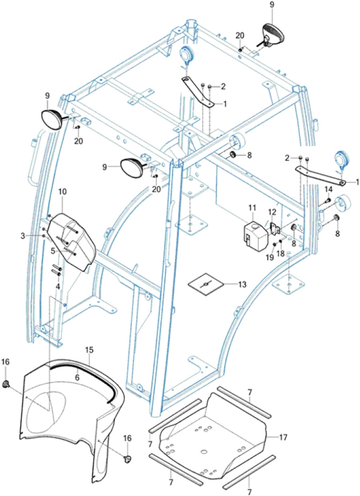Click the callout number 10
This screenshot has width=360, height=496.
click(x=62, y=191)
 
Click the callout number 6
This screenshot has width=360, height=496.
click(x=77, y=377)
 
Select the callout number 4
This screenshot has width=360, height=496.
click(x=58, y=286)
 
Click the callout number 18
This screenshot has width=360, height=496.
click(x=281, y=253)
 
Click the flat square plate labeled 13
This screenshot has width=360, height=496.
click(x=205, y=284)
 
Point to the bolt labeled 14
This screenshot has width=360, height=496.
click(x=326, y=201)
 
